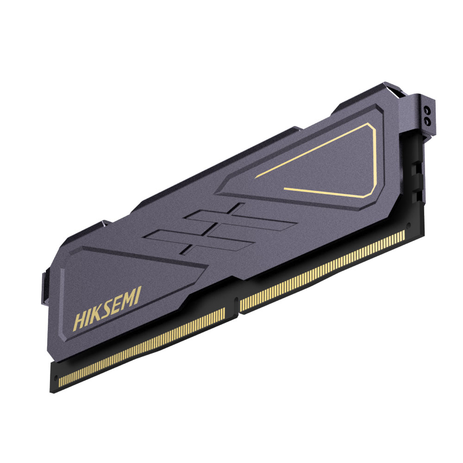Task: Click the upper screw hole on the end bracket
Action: point(427,111)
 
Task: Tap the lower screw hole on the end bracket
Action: point(426,121)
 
